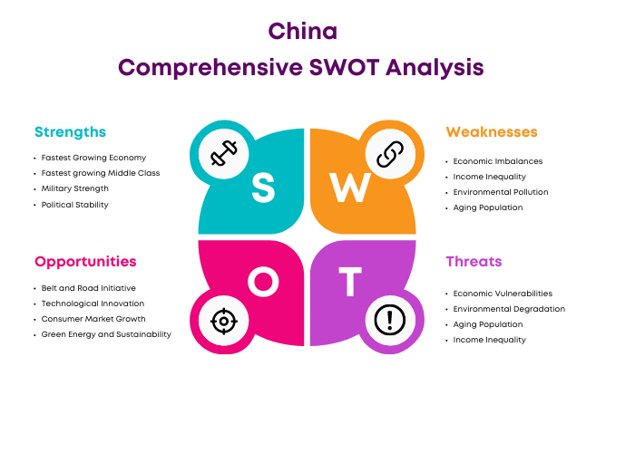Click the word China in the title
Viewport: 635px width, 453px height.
(x=302, y=31)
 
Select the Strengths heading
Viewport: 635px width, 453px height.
(x=70, y=132)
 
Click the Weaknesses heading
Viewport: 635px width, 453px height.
(x=492, y=132)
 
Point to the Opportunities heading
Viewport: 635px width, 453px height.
(x=85, y=262)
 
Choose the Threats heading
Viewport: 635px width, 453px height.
(x=474, y=262)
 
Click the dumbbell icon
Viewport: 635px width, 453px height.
(x=223, y=153)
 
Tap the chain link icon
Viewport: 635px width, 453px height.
(x=390, y=154)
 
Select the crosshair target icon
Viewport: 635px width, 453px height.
(x=223, y=321)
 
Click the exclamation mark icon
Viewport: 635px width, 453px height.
(x=390, y=321)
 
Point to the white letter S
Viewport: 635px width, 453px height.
(x=263, y=188)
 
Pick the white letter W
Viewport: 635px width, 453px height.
(x=350, y=188)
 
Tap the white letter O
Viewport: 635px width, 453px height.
(x=263, y=281)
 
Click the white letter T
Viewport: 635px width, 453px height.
(x=350, y=281)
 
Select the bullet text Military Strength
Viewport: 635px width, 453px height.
(x=75, y=188)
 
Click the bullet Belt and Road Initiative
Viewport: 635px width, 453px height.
(x=89, y=288)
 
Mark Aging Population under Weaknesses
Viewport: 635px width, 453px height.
(x=488, y=207)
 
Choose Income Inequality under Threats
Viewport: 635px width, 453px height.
(x=490, y=340)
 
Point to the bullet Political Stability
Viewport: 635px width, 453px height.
(x=75, y=205)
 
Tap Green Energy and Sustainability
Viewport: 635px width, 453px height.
(x=106, y=334)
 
